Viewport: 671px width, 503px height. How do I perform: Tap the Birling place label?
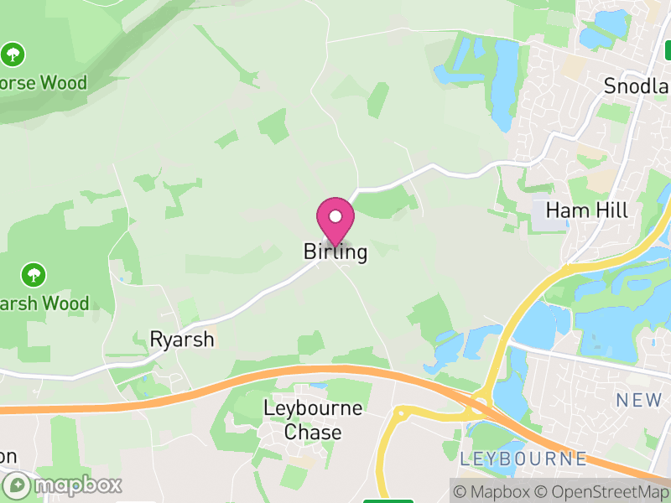pos(335,252)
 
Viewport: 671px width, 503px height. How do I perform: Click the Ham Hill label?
pos(586,210)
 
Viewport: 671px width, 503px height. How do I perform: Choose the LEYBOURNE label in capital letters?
pos(523,459)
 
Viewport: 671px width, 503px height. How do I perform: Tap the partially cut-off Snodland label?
pos(637,86)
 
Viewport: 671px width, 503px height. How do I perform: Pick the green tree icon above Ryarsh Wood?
pos(34,274)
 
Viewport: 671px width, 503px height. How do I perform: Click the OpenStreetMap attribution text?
pos(604,491)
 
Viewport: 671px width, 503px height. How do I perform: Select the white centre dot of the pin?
pos(335,217)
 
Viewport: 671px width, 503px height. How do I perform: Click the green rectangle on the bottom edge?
pos(388,500)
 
